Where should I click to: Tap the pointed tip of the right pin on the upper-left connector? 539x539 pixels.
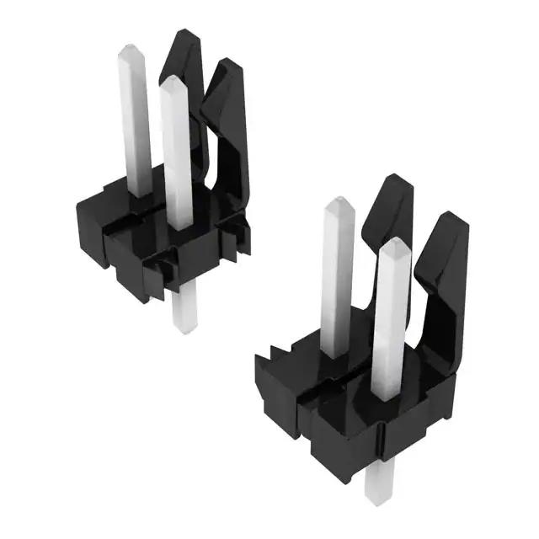tap(172, 82)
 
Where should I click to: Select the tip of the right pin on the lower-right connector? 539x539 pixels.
tap(393, 245)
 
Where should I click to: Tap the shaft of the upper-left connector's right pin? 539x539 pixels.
tap(176, 160)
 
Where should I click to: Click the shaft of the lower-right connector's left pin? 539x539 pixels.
tap(338, 286)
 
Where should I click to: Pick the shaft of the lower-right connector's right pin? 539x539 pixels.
tap(390, 328)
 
